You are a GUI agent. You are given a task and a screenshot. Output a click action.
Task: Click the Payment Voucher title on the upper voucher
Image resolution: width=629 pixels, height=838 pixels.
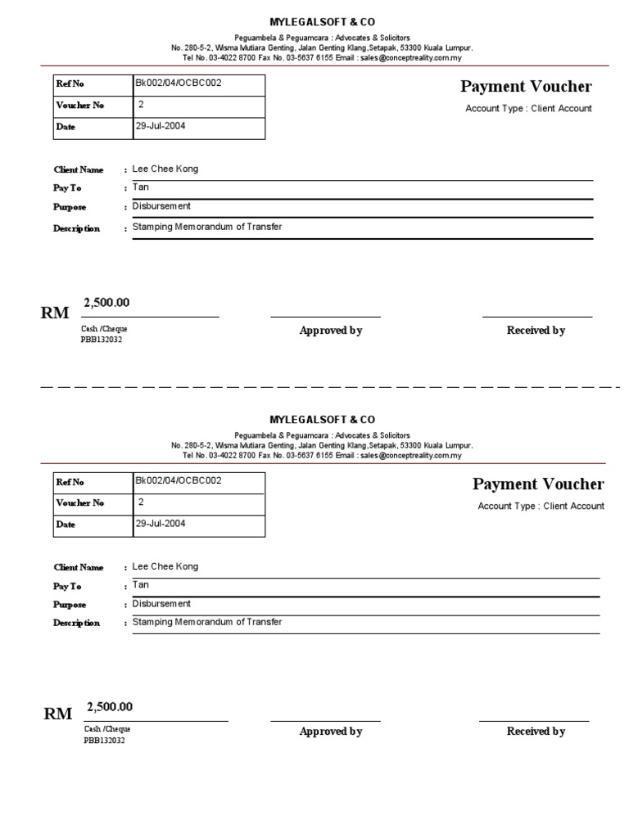point(526,87)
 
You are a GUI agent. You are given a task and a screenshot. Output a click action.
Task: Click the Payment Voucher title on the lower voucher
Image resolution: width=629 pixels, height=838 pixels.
point(538,484)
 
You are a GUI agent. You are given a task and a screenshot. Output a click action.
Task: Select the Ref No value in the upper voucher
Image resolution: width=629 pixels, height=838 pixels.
point(178,83)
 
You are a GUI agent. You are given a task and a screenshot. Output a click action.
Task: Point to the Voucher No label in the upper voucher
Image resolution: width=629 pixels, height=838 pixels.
point(80,106)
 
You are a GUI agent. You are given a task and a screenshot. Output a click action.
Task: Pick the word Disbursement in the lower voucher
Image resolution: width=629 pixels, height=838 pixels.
point(161,604)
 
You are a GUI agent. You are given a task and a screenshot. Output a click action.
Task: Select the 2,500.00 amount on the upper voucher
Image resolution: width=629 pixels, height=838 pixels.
point(106,303)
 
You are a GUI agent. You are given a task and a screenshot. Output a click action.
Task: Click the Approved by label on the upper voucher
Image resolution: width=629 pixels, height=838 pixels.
point(331,331)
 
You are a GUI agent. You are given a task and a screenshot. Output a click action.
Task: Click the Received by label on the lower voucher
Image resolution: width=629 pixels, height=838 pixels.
point(536,732)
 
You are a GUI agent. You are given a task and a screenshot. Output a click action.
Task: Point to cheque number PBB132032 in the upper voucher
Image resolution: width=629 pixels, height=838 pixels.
point(102,340)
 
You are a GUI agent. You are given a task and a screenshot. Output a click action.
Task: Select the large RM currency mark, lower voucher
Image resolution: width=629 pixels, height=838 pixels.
point(58,714)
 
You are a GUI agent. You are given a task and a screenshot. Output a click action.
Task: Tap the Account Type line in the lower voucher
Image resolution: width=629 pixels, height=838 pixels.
point(541,507)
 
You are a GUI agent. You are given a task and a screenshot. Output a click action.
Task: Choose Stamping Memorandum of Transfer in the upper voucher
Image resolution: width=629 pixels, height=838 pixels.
point(207,227)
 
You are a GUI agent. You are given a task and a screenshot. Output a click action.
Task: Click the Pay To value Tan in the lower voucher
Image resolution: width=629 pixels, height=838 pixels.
point(141,585)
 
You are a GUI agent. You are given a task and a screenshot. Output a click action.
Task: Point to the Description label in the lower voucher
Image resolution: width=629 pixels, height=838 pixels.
point(77,624)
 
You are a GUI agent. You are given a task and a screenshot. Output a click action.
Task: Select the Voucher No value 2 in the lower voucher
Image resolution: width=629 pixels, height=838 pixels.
point(142,502)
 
